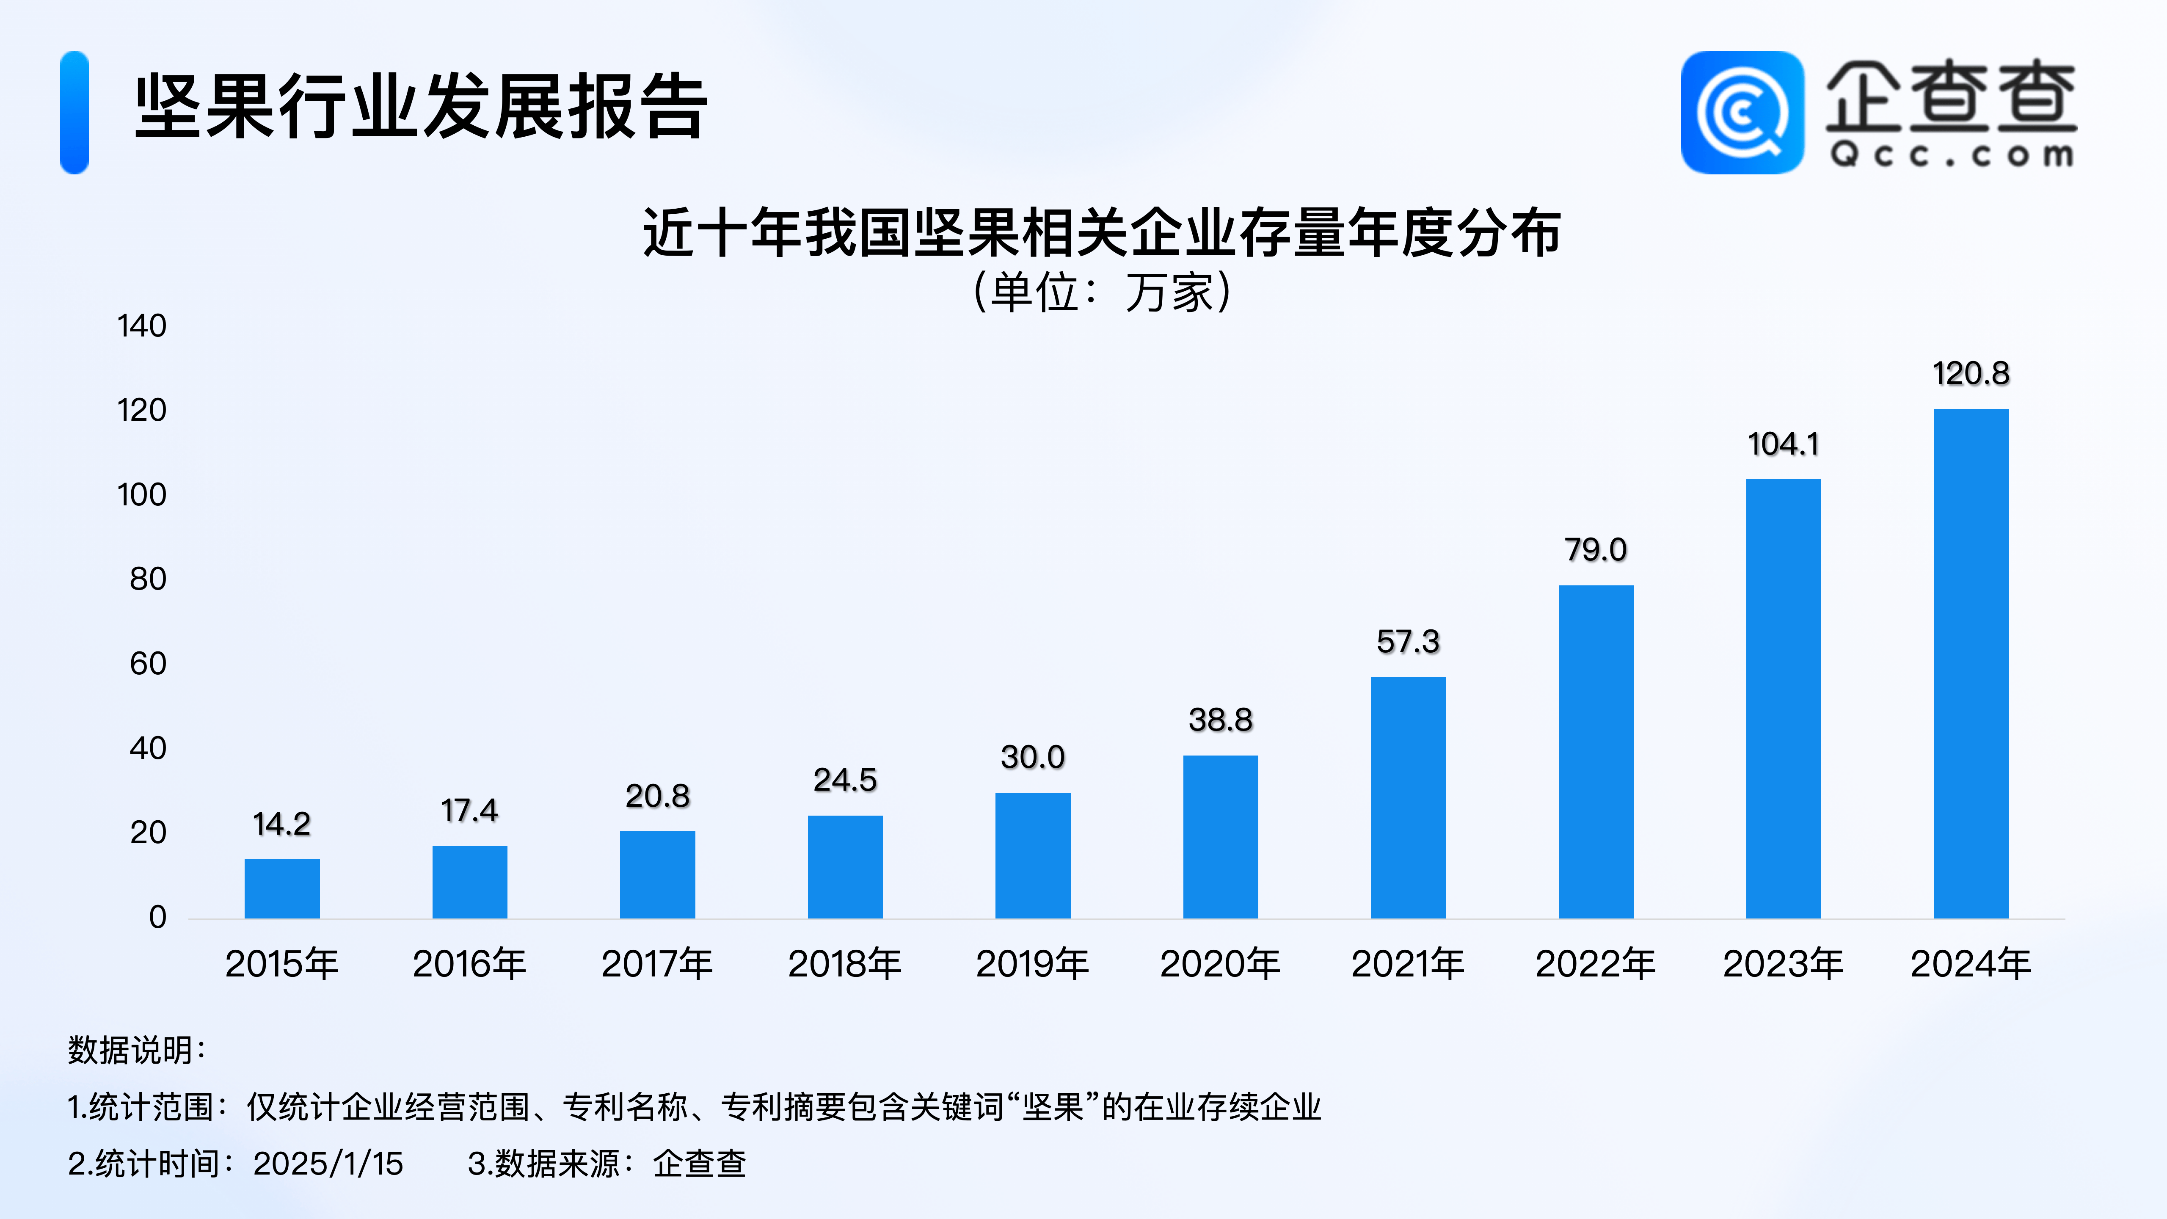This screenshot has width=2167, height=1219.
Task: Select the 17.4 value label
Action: tap(469, 811)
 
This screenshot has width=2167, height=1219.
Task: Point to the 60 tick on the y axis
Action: tap(148, 664)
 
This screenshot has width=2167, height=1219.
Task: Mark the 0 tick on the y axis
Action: tap(157, 917)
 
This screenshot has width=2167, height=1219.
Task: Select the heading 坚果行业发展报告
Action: tap(421, 107)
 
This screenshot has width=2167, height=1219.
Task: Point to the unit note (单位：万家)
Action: tap(1102, 293)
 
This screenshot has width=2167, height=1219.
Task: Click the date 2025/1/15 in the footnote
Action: tap(328, 1164)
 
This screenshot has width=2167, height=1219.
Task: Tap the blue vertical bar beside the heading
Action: tap(74, 113)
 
